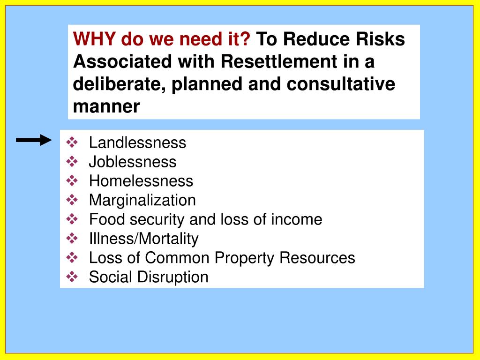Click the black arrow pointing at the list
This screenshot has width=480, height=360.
(x=34, y=140)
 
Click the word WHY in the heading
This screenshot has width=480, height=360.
(x=95, y=39)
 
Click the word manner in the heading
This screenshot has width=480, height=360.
(x=106, y=107)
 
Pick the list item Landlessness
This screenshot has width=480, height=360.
(x=137, y=142)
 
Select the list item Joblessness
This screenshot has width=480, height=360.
(x=133, y=162)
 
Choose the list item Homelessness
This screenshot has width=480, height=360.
(x=141, y=181)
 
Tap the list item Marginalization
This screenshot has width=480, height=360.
(x=142, y=200)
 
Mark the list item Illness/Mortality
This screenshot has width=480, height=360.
(x=143, y=239)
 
